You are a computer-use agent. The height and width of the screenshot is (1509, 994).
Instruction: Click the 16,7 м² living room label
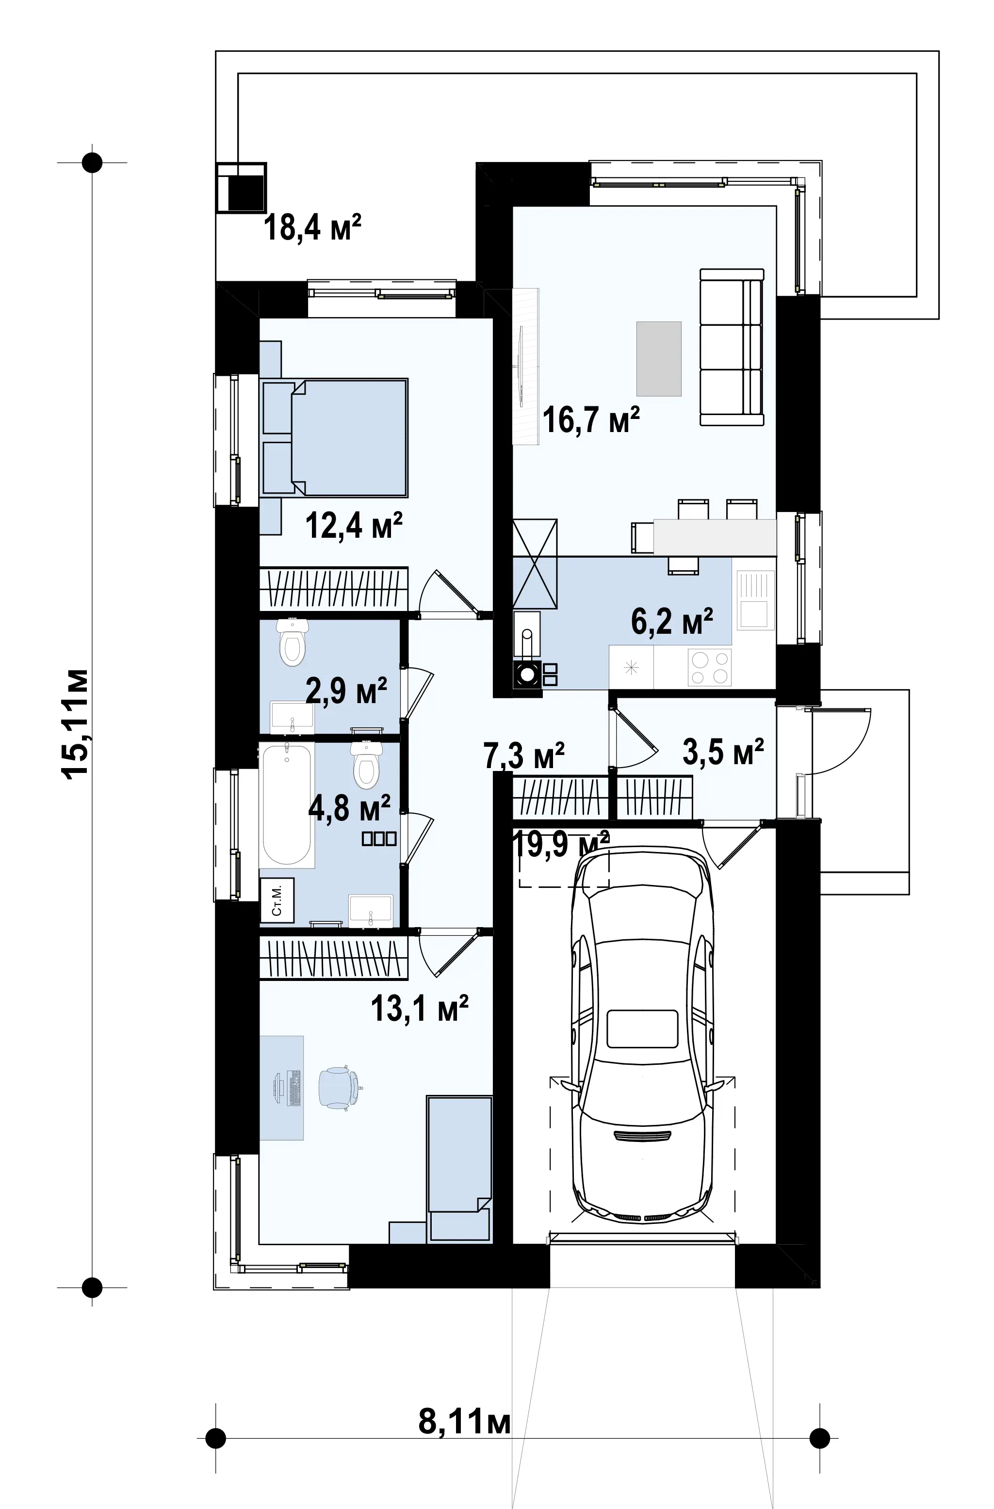(x=590, y=420)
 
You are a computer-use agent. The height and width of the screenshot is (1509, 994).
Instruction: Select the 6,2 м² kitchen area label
(x=672, y=621)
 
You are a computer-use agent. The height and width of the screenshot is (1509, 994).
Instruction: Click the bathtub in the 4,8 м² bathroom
(x=287, y=806)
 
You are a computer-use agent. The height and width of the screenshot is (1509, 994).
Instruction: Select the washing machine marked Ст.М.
(x=277, y=900)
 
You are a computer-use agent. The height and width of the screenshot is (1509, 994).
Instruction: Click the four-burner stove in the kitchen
(x=710, y=668)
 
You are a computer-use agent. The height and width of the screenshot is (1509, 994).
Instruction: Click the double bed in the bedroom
(x=334, y=437)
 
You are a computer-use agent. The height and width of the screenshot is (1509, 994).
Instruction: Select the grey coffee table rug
(x=659, y=359)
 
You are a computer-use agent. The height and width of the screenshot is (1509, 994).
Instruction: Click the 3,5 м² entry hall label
(x=723, y=751)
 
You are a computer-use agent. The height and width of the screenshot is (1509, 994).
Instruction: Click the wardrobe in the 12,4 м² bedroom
(x=334, y=588)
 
